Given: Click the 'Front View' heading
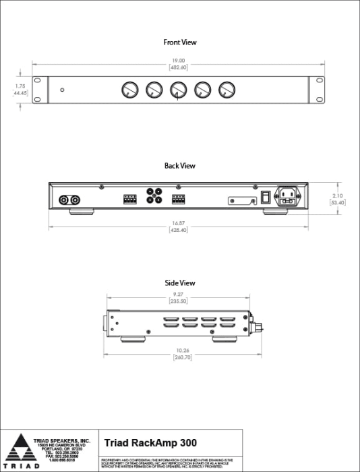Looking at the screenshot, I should pyautogui.click(x=180, y=42).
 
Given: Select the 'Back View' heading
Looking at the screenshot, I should pyautogui.click(x=180, y=165).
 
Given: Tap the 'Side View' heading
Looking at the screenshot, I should pyautogui.click(x=180, y=283).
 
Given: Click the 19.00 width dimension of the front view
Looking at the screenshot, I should pyautogui.click(x=179, y=61).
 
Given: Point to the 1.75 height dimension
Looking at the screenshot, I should pyautogui.click(x=20, y=86).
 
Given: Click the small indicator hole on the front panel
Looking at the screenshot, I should pyautogui.click(x=62, y=90).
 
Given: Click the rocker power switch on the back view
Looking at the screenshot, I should pyautogui.click(x=266, y=198).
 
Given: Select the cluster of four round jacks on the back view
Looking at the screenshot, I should pyautogui.click(x=154, y=196).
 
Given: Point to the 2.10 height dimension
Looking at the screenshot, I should pyautogui.click(x=338, y=196).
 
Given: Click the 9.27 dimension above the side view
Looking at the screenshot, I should pyautogui.click(x=178, y=296).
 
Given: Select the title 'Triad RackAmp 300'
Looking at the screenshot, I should pyautogui.click(x=150, y=443).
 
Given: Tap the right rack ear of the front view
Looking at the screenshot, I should pyautogui.click(x=316, y=90).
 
